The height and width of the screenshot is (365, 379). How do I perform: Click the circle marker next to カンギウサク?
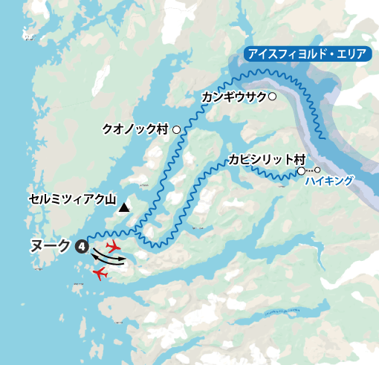(x=273, y=97)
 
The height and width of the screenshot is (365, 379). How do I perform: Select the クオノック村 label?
(x=135, y=129)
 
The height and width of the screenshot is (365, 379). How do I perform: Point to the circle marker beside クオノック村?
(x=176, y=129)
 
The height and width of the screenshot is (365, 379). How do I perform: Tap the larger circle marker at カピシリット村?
(x=301, y=171)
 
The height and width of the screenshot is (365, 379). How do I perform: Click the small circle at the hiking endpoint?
(x=317, y=171)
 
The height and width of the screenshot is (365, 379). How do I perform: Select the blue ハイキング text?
(x=328, y=181)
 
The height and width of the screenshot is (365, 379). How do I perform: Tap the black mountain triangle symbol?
(x=125, y=208)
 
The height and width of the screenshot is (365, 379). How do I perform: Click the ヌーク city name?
(x=51, y=245)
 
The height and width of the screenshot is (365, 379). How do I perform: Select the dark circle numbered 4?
(x=82, y=245)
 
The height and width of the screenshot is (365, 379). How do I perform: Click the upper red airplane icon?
(x=114, y=246)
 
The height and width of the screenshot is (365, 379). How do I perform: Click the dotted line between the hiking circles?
(x=309, y=171)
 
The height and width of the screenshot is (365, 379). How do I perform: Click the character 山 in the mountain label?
(x=111, y=199)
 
